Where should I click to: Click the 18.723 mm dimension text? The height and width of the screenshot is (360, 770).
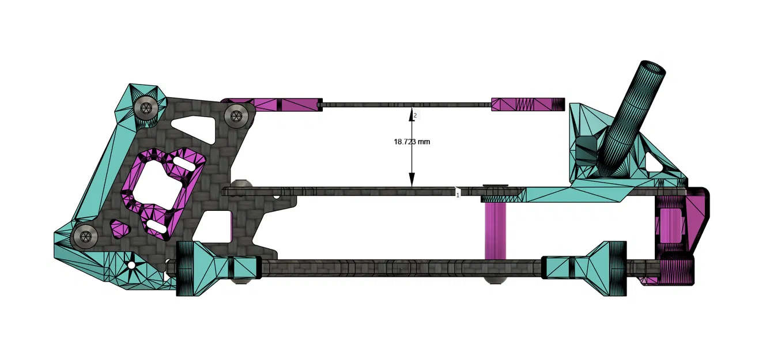(412, 141)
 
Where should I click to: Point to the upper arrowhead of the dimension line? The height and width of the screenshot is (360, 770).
(412, 111)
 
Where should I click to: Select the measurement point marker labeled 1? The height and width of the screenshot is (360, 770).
(458, 195)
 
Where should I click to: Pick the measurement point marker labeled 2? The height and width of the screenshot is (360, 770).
(415, 116)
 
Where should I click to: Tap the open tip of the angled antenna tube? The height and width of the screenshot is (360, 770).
(653, 69)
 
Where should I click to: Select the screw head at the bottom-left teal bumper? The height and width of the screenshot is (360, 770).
(85, 236)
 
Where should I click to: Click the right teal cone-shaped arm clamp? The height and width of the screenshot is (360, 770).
(597, 268)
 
